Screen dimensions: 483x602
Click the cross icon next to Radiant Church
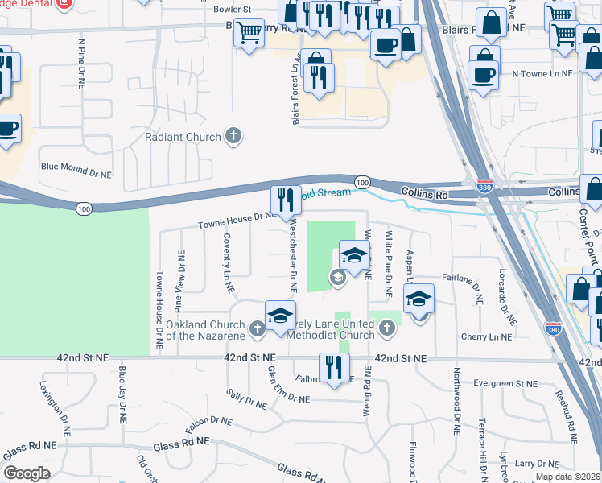tap(233, 136)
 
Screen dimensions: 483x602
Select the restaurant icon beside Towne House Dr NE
tap(285, 200)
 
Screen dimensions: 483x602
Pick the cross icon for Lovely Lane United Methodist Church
tap(387, 328)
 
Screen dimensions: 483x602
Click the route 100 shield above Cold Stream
tap(362, 183)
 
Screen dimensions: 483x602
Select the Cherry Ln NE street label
tap(487, 336)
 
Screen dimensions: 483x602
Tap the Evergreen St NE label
tap(505, 384)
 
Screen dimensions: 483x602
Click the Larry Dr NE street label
tap(536, 464)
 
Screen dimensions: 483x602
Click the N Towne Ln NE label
tap(542, 72)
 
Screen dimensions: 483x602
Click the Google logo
tap(27, 473)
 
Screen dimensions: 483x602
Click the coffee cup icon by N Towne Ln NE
tap(483, 75)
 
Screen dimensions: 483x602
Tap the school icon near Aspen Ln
tap(419, 300)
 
